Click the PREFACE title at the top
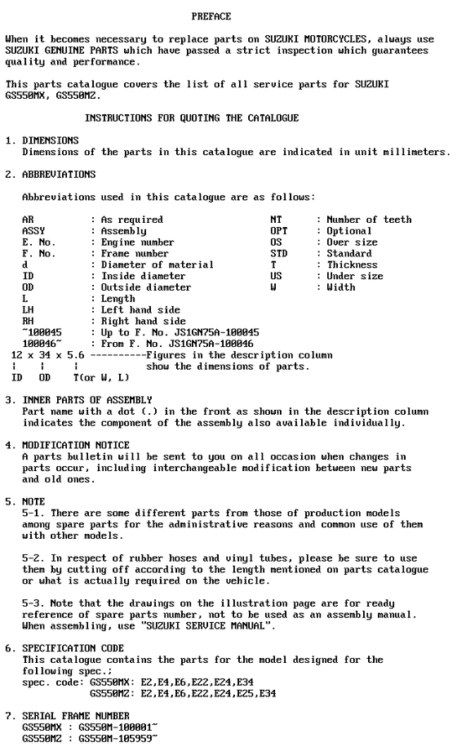(211, 16)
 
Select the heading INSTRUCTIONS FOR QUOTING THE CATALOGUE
(192, 118)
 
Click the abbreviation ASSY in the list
(33, 231)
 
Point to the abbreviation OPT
(279, 231)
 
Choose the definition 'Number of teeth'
(369, 220)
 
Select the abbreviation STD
(279, 254)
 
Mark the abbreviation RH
(28, 322)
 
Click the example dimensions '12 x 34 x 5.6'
(47, 355)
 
